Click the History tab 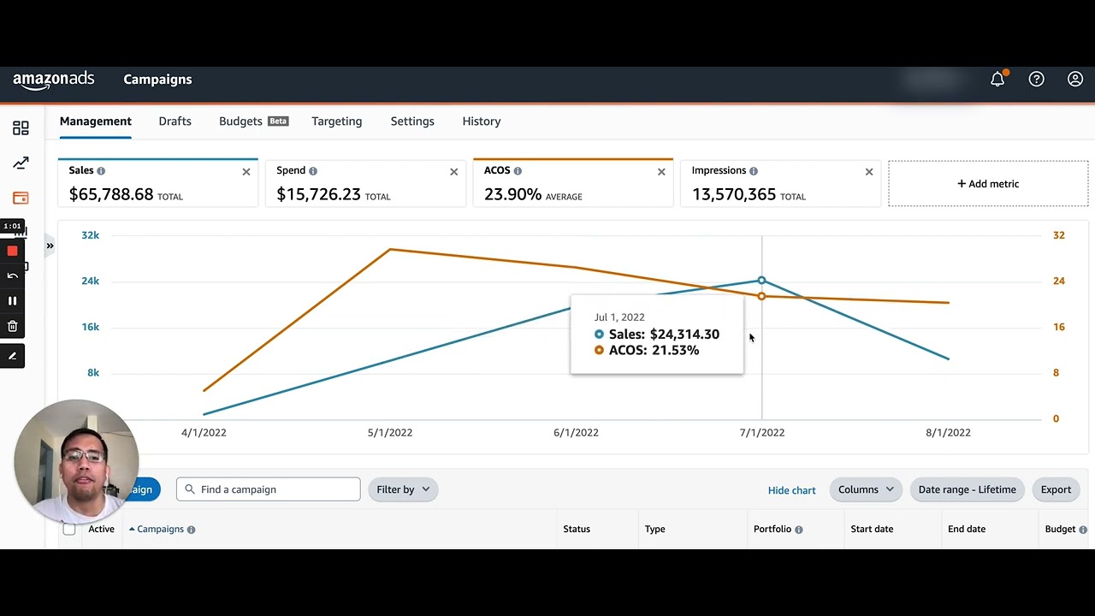click(481, 121)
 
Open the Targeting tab click(336, 121)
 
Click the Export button click(1056, 489)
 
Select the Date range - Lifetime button click(967, 489)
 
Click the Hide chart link click(791, 490)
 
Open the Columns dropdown click(865, 489)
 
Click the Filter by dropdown click(403, 489)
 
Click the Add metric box click(988, 184)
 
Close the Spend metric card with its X click(453, 172)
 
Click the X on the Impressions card click(868, 172)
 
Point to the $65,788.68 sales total click(111, 194)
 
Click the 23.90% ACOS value click(512, 194)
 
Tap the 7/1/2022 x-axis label click(761, 433)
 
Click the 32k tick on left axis click(90, 235)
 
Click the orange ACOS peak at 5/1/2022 click(390, 250)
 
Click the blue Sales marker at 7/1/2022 click(761, 281)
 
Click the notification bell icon click(997, 80)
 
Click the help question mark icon click(1036, 80)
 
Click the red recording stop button click(12, 251)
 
